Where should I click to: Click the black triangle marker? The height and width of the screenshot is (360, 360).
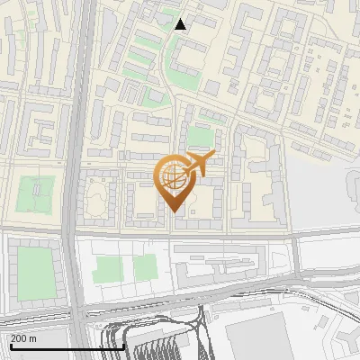pyautogui.click(x=181, y=23)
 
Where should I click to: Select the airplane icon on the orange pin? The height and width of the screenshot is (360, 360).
pyautogui.click(x=197, y=165)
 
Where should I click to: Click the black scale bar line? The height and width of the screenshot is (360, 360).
pyautogui.click(x=67, y=346)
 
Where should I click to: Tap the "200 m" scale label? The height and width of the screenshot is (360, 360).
pyautogui.click(x=23, y=338)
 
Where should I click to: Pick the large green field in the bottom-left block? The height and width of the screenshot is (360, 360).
pyautogui.click(x=35, y=273)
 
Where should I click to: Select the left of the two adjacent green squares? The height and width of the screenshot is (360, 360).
pyautogui.click(x=108, y=268)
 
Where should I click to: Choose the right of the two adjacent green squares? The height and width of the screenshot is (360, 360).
pyautogui.click(x=144, y=267)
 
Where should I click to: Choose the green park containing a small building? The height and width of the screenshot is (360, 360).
pyautogui.click(x=37, y=193)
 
